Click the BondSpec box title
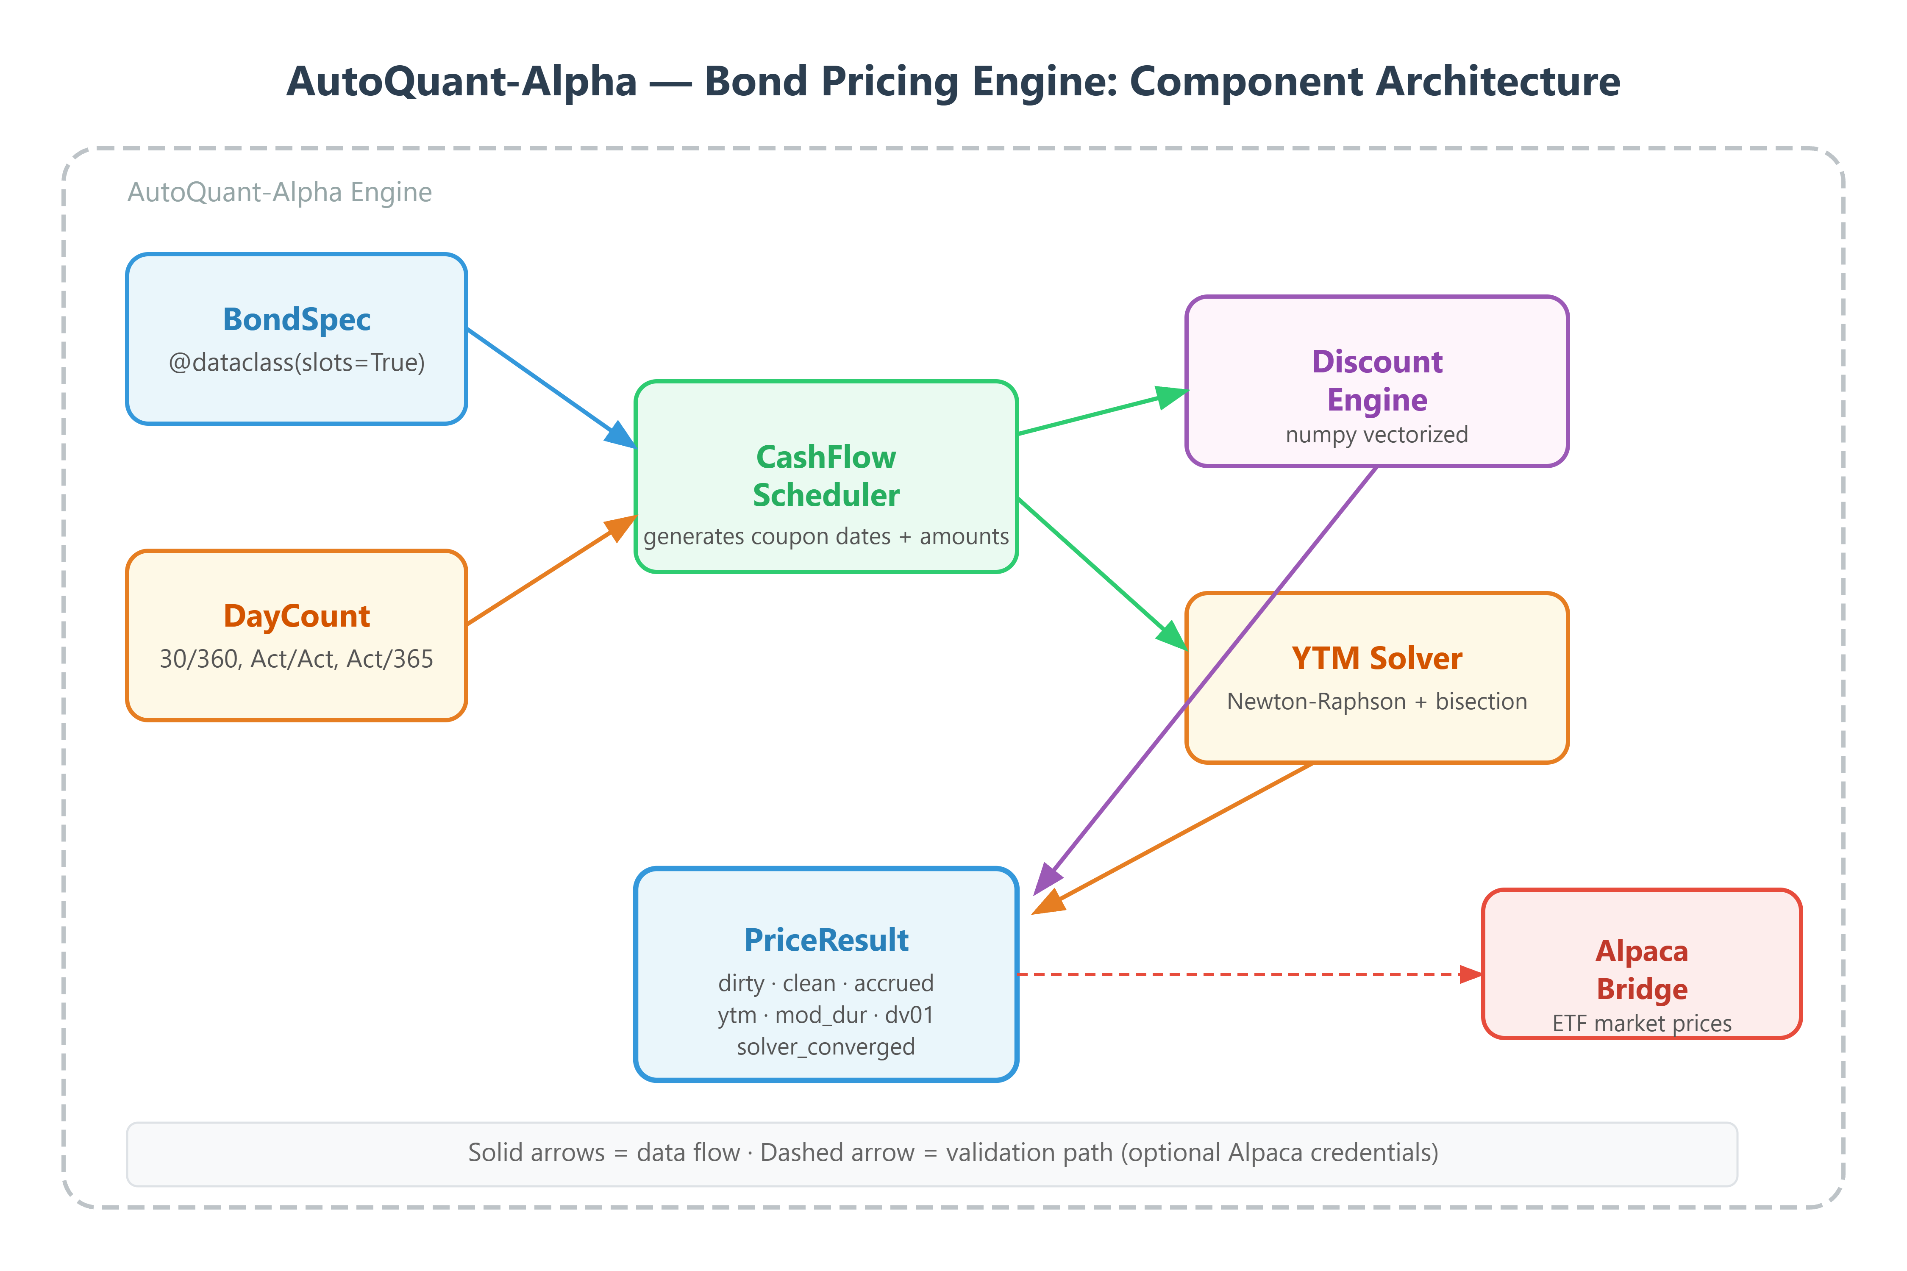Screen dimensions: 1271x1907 tap(297, 319)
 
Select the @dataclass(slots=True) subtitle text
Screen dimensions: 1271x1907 tap(297, 362)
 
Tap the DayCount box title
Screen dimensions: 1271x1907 tap(297, 616)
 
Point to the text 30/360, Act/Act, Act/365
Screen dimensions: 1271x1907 tap(297, 659)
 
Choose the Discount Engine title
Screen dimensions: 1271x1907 tap(1377, 380)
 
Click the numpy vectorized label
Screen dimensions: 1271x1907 tap(1377, 435)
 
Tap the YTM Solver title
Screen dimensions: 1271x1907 tap(1377, 658)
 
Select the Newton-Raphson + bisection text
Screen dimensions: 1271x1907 tap(1377, 701)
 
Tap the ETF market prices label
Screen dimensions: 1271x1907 tap(1642, 1023)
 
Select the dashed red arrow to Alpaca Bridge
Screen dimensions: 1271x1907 tap(1248, 974)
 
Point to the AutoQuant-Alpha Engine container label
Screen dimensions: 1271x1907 tap(280, 192)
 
